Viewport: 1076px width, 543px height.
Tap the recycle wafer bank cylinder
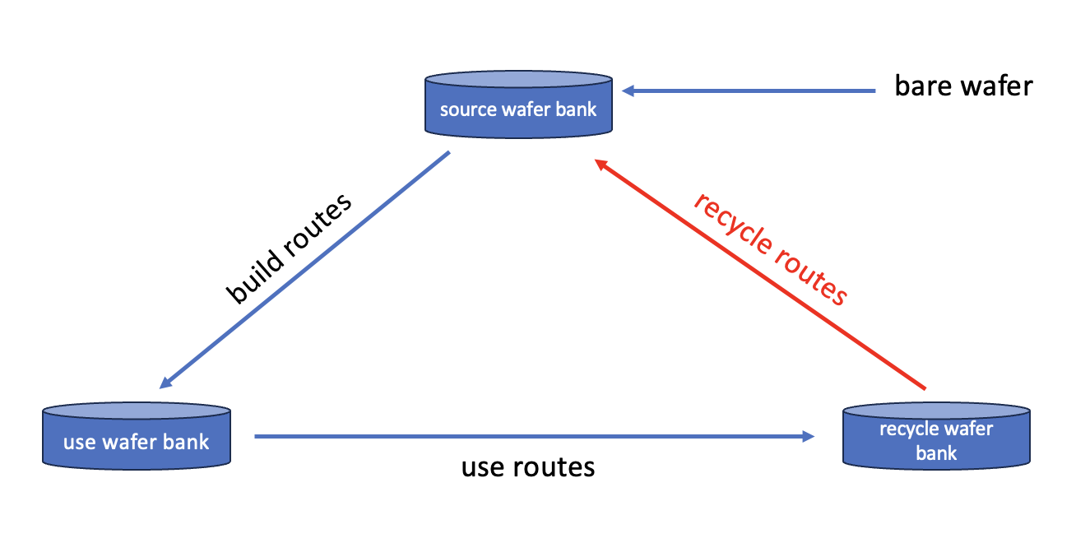coord(936,436)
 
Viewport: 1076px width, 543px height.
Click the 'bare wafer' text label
coord(963,86)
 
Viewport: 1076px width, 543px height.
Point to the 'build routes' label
coord(289,248)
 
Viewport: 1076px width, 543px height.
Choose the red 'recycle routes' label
coord(769,249)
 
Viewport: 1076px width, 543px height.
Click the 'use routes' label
coord(527,467)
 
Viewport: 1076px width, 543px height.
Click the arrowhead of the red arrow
coord(602,164)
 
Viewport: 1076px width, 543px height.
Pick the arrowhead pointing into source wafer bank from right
coord(628,91)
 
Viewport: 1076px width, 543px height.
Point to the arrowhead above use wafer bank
coord(165,382)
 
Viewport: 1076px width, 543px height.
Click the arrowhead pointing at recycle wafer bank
coord(809,437)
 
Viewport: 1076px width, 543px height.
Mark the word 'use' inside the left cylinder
coord(79,443)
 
